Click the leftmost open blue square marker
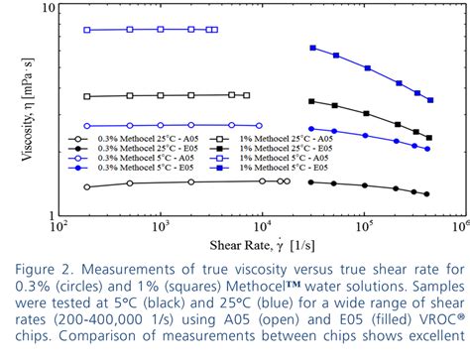coord(87,31)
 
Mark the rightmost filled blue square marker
coord(430,100)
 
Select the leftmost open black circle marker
coord(87,186)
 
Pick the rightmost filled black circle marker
coord(426,194)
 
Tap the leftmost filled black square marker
coord(312,101)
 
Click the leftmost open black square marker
coord(87,97)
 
